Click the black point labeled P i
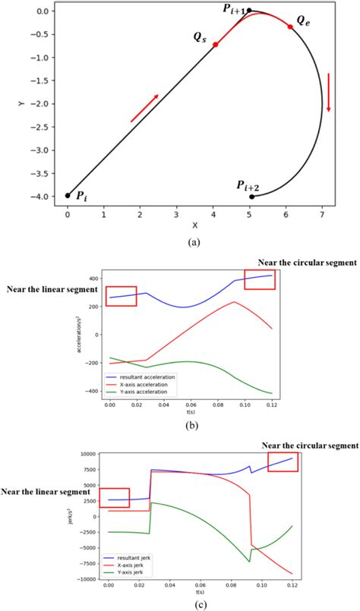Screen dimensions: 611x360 click(68, 195)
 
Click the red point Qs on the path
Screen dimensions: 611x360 click(216, 45)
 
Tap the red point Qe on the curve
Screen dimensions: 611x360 click(289, 27)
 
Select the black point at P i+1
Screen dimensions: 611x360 click(249, 11)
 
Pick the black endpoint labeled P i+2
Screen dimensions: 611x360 click(251, 197)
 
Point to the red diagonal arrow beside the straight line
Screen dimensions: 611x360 click(144, 108)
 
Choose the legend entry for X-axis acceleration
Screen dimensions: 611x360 click(151, 385)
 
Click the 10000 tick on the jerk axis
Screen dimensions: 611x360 click(87, 453)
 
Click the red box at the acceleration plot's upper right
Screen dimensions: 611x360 click(260, 279)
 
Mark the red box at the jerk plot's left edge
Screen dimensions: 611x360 click(115, 498)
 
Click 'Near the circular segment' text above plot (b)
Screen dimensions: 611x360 click(308, 263)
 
